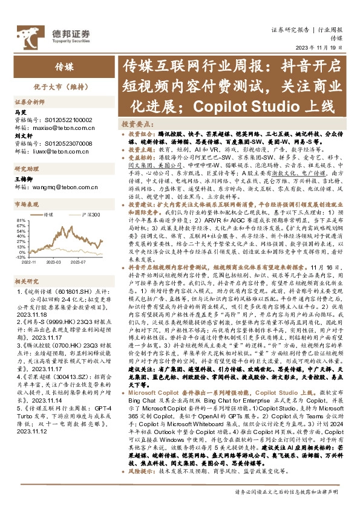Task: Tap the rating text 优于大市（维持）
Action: [48, 87]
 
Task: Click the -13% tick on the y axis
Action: [20, 254]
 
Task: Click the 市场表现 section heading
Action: [26, 206]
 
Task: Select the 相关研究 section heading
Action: [26, 281]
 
